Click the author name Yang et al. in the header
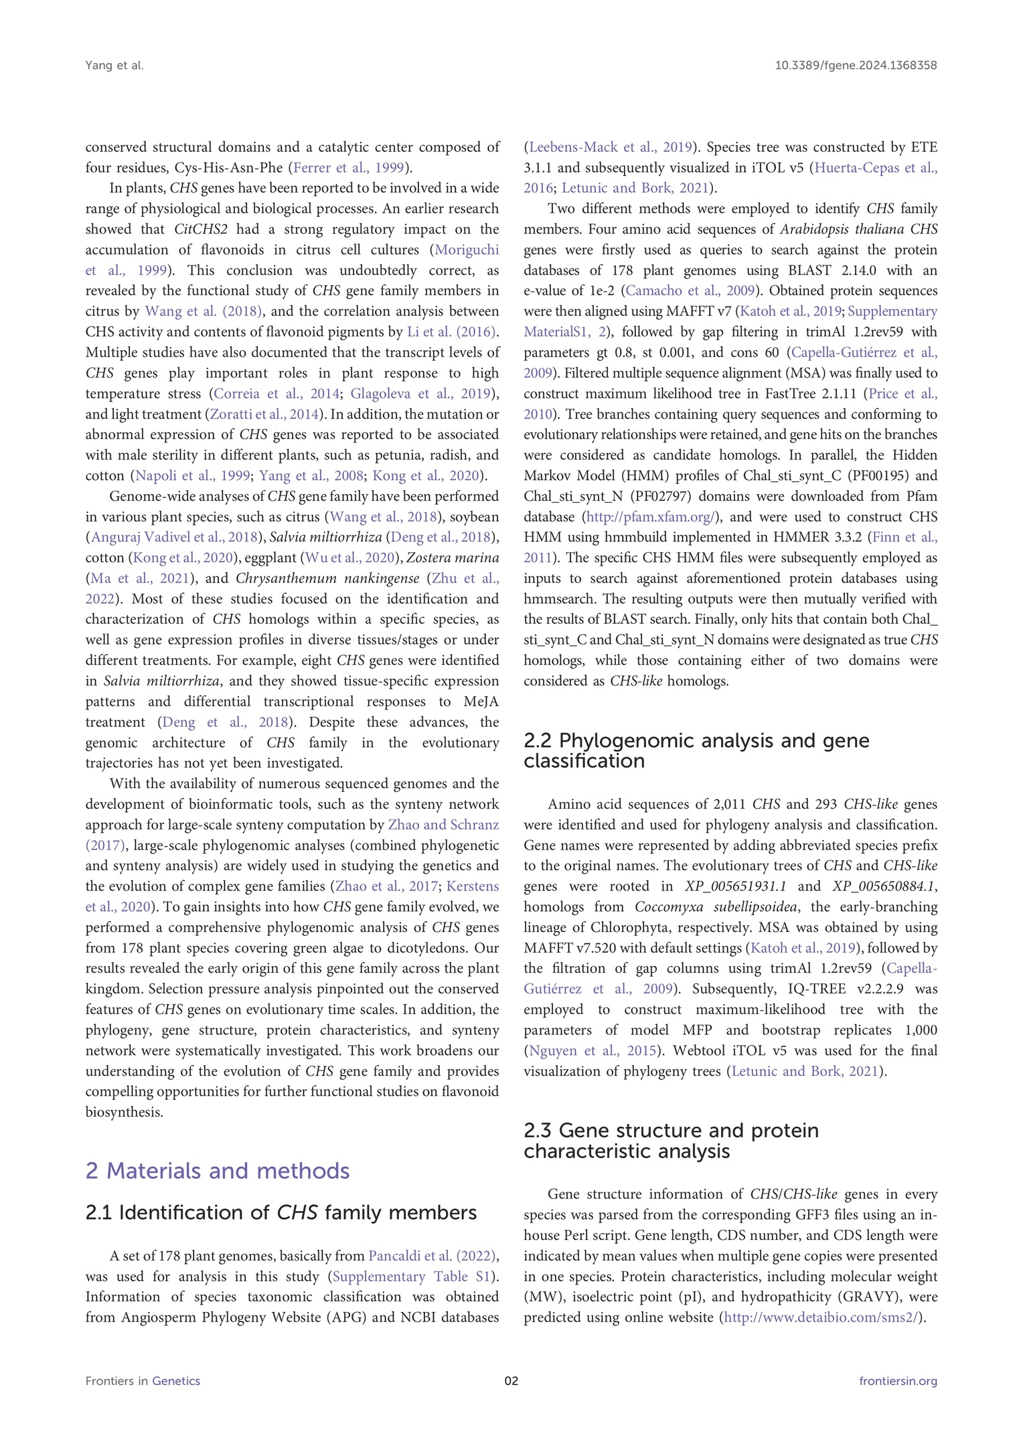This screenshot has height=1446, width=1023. pyautogui.click(x=114, y=66)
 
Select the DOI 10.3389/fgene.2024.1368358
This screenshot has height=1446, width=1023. pyautogui.click(x=856, y=66)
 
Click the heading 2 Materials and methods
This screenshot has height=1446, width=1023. pyautogui.click(x=218, y=1171)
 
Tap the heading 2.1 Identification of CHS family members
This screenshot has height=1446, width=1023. pyautogui.click(x=281, y=1213)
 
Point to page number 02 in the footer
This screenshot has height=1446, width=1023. pyautogui.click(x=511, y=1381)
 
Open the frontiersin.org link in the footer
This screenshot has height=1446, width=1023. pyautogui.click(x=898, y=1381)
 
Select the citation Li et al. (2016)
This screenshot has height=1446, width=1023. pyautogui.click(x=451, y=332)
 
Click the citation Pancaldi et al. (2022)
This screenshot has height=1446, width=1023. pyautogui.click(x=432, y=1257)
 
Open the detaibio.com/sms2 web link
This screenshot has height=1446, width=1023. pyautogui.click(x=821, y=1317)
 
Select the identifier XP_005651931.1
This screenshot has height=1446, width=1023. pyautogui.click(x=735, y=886)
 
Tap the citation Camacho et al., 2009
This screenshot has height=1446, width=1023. pyautogui.click(x=690, y=291)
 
